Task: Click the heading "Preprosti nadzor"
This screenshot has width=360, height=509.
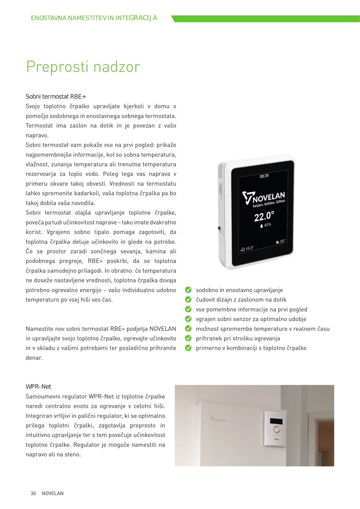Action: click(83, 67)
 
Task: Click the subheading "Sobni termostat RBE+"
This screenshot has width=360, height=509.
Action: click(56, 96)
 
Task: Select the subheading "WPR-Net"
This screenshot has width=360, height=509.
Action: click(38, 386)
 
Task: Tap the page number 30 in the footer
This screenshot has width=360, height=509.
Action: click(33, 493)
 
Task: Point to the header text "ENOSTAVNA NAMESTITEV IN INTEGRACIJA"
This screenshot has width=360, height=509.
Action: click(94, 18)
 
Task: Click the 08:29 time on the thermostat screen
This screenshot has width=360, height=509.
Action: click(264, 176)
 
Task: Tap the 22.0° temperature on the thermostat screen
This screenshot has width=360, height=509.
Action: click(264, 216)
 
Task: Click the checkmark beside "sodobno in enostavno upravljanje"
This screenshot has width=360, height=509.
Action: click(188, 290)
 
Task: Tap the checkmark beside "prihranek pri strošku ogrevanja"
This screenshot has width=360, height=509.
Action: click(188, 338)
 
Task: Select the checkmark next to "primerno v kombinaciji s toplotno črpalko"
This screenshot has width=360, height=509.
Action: click(188, 348)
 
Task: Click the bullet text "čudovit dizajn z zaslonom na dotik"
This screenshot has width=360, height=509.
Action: click(241, 300)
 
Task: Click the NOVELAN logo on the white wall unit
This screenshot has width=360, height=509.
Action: click(217, 419)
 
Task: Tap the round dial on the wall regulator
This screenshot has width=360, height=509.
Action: click(277, 429)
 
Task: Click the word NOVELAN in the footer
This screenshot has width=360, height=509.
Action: click(53, 493)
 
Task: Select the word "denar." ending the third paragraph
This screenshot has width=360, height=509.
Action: click(34, 358)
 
